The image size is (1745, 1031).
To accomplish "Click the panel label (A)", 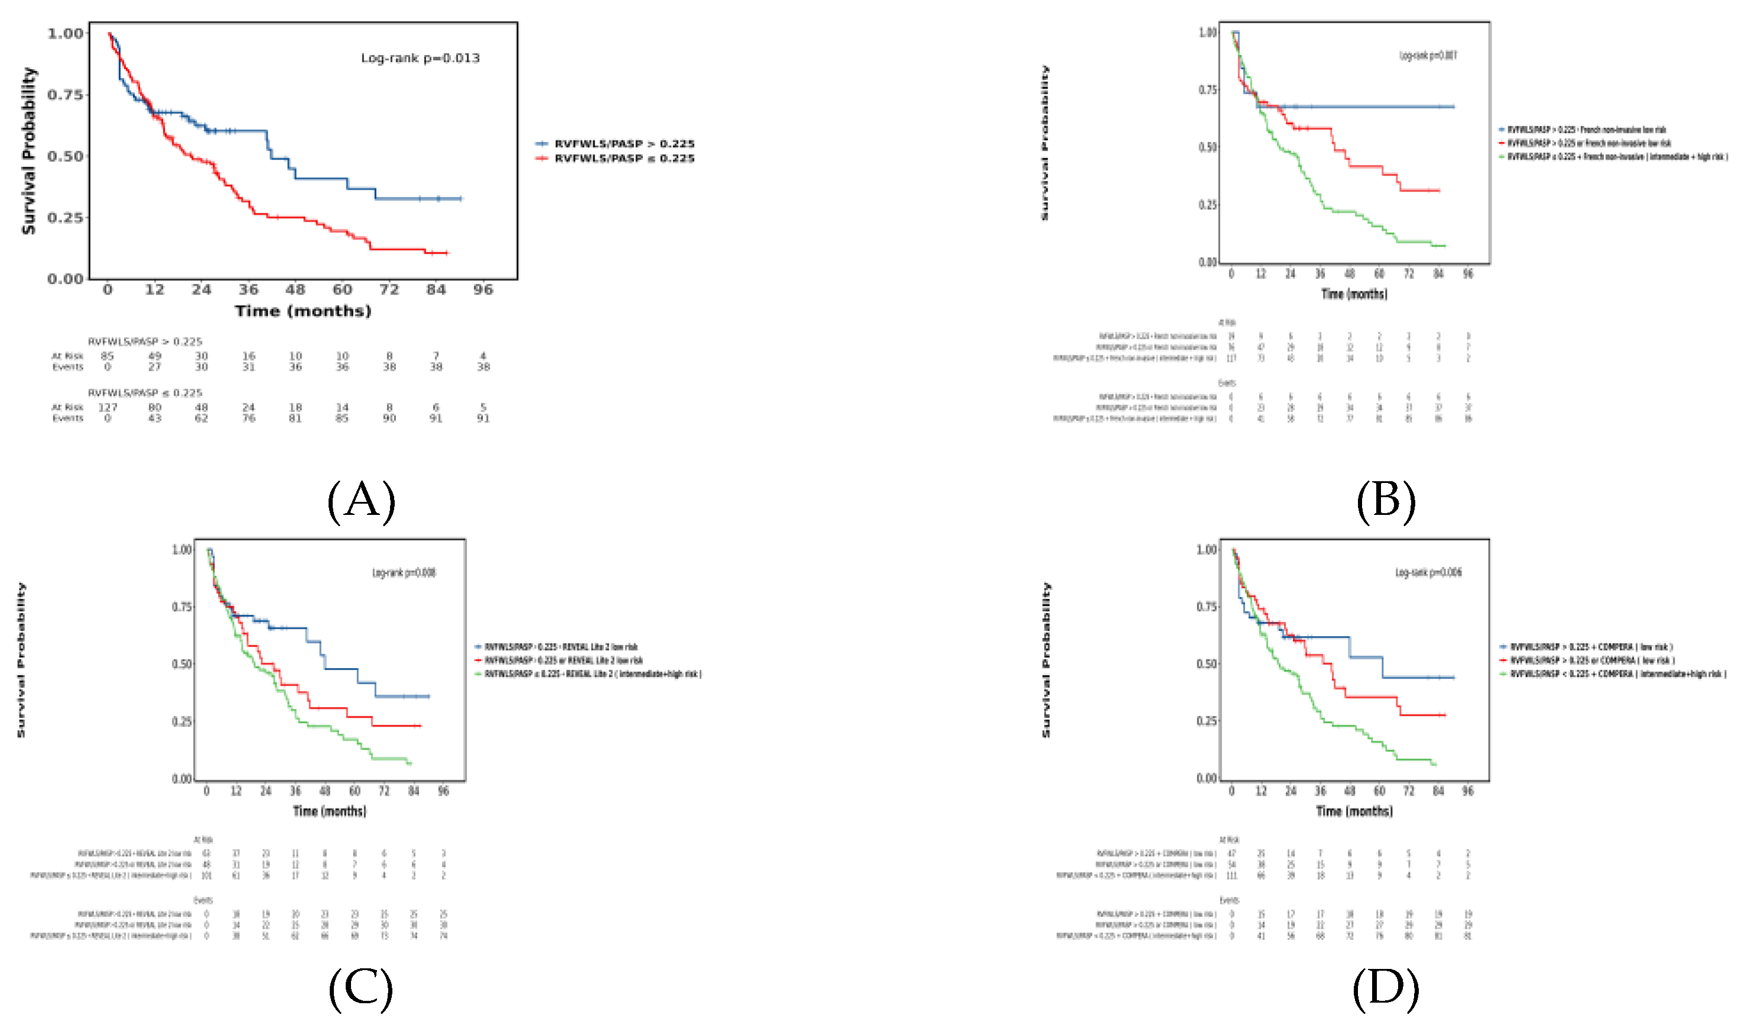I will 361,500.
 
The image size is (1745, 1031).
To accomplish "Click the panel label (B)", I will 1385,500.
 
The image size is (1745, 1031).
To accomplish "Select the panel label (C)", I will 360,988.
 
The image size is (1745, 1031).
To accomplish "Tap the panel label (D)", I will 1385,988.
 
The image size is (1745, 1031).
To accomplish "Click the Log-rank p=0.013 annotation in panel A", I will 420,58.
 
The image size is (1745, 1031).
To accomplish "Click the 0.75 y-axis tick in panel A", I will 65,95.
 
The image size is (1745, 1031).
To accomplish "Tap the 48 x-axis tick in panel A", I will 295,290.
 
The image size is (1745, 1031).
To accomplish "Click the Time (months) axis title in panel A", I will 304,310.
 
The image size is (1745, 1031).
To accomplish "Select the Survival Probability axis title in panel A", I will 28,151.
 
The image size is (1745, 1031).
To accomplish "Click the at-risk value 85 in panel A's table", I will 107,356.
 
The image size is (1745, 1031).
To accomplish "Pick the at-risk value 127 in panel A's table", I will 108,407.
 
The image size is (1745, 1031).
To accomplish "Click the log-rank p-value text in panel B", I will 1428,56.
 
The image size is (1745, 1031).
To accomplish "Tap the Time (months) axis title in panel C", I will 329,810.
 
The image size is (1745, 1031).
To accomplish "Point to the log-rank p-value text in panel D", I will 1428,572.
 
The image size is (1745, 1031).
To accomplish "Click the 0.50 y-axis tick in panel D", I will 1207,663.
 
